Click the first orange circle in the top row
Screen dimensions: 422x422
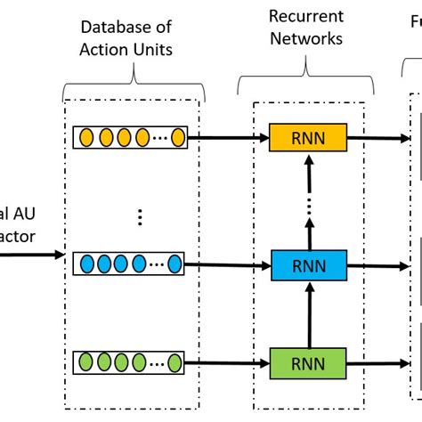[x=85, y=138]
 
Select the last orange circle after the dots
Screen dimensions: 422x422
[x=177, y=138]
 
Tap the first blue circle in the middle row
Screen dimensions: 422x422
[x=85, y=264]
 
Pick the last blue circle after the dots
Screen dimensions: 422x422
[x=174, y=264]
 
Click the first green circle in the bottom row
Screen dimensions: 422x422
[x=85, y=363]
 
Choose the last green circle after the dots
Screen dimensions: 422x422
[x=175, y=363]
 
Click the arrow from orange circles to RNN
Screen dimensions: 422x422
[x=228, y=138]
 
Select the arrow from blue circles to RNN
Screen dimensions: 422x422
[x=228, y=264]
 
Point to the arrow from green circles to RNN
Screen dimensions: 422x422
[x=228, y=363]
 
